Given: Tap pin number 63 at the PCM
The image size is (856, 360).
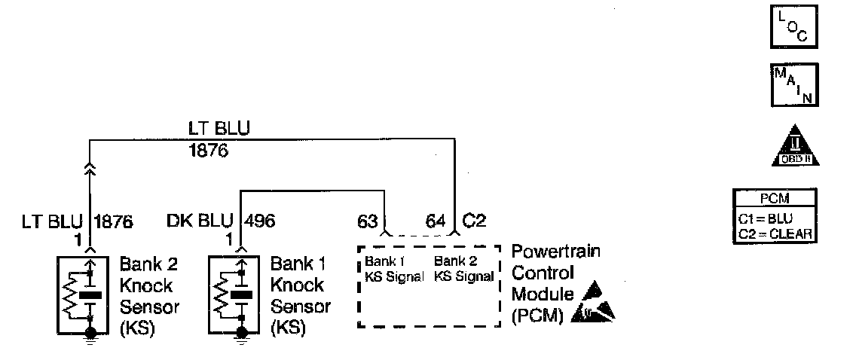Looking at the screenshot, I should [x=366, y=221].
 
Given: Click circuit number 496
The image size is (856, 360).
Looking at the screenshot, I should [x=259, y=221].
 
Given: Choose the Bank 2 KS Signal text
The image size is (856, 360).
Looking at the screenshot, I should [x=463, y=269].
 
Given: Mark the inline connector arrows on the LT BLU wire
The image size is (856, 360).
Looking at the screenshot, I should [x=90, y=170].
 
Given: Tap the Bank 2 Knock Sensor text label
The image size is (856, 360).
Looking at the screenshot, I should [x=148, y=297].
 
